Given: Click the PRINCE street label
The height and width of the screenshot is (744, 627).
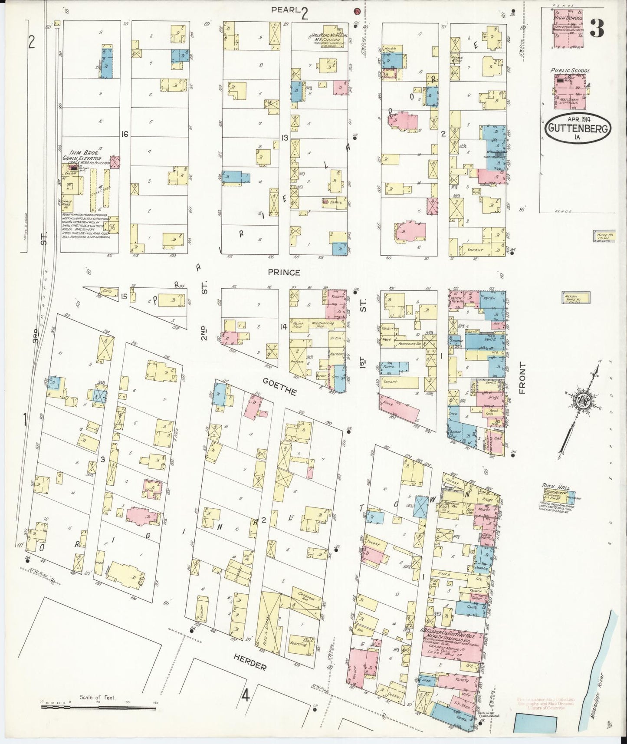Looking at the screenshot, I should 284,272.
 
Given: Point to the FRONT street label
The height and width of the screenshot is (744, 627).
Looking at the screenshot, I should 522,378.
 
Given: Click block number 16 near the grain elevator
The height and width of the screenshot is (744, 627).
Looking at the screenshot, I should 125,135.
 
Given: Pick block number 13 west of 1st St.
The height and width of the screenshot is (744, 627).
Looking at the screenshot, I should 285,138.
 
